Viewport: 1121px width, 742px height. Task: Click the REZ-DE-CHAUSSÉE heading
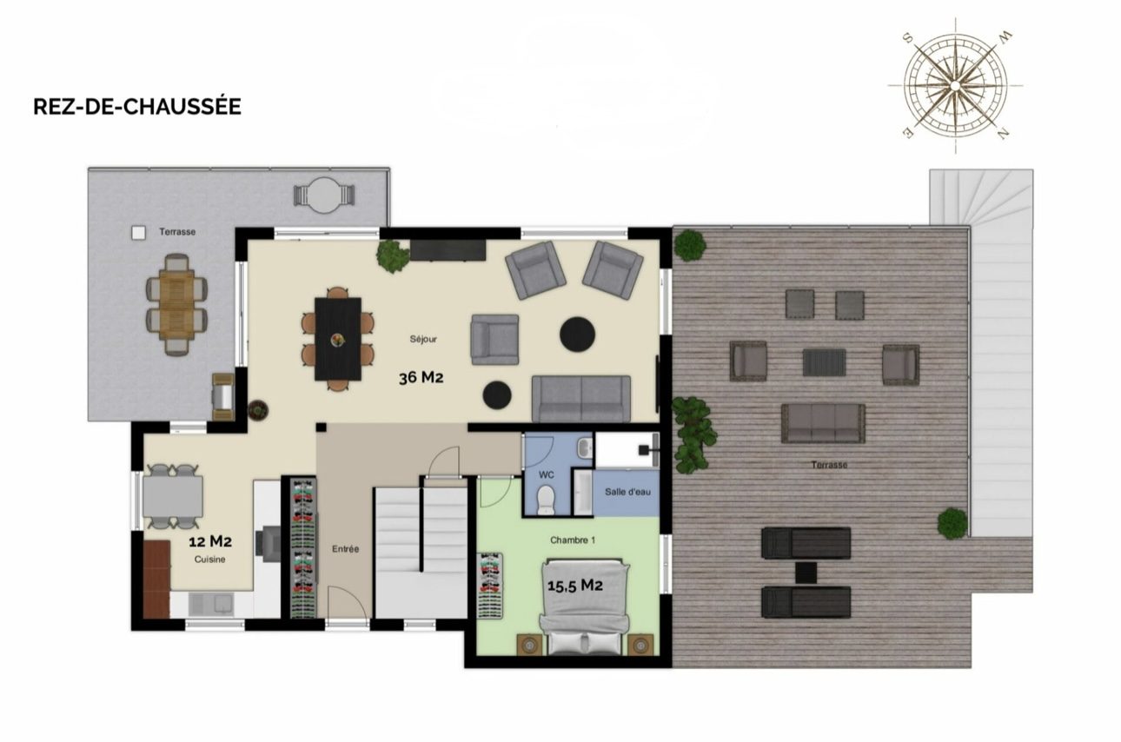click(x=137, y=107)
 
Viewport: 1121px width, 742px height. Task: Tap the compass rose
click(x=955, y=85)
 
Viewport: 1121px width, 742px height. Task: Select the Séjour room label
click(x=423, y=339)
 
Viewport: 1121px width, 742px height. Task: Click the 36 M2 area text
click(x=421, y=377)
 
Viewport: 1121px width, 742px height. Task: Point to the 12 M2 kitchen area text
click(x=210, y=541)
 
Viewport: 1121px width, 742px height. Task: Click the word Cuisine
click(x=209, y=560)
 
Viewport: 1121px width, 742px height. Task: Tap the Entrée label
click(x=345, y=549)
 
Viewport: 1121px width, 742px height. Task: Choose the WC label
click(x=547, y=474)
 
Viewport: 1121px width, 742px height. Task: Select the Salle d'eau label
click(x=627, y=492)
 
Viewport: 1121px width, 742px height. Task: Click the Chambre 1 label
click(x=573, y=540)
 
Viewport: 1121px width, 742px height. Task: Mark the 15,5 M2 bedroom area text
click(x=575, y=586)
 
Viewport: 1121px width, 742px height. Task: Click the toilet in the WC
click(x=546, y=500)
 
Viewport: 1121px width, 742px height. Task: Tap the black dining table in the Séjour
click(x=338, y=339)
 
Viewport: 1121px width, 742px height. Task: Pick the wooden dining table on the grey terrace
click(x=176, y=305)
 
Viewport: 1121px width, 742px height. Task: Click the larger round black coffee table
click(x=577, y=335)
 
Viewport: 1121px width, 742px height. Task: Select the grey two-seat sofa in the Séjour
click(x=581, y=399)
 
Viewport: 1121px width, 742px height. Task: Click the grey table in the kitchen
click(x=173, y=496)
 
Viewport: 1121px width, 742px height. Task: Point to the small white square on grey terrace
click(x=139, y=233)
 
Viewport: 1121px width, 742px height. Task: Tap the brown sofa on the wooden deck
click(x=823, y=424)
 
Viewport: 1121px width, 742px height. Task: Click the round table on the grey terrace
click(x=324, y=195)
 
